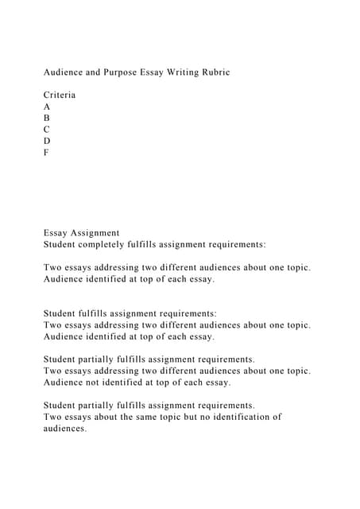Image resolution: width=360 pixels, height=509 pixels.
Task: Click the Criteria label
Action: click(60, 95)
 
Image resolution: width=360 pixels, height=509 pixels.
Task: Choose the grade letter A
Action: click(47, 107)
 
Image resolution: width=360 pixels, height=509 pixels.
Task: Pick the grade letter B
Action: click(47, 118)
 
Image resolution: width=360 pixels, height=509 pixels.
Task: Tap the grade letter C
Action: click(47, 129)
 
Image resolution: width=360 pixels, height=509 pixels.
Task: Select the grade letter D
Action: click(47, 141)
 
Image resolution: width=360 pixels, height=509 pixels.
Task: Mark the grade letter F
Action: click(46, 152)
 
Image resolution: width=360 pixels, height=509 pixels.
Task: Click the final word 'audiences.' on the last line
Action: click(65, 429)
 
